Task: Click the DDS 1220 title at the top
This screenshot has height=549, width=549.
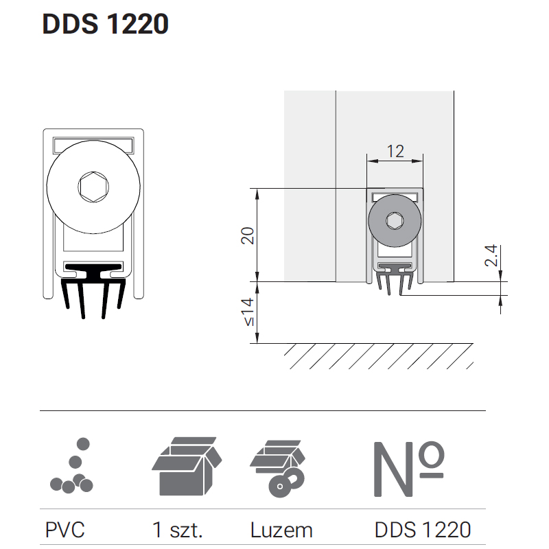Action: pyautogui.click(x=106, y=24)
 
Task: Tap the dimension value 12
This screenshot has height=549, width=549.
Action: pyautogui.click(x=395, y=151)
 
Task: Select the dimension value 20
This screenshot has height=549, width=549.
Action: pyautogui.click(x=248, y=235)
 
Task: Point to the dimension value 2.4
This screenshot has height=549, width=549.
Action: pyautogui.click(x=491, y=255)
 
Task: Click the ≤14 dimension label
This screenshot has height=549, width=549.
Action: pyautogui.click(x=248, y=312)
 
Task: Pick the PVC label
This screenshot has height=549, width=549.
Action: pyautogui.click(x=65, y=530)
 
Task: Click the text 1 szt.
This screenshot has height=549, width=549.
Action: pyautogui.click(x=178, y=530)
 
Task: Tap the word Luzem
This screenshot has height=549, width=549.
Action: pyautogui.click(x=281, y=530)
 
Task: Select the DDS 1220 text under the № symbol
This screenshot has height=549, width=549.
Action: pyautogui.click(x=423, y=530)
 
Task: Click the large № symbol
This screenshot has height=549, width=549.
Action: pyautogui.click(x=408, y=469)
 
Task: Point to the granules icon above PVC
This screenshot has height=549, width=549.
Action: pyautogui.click(x=72, y=465)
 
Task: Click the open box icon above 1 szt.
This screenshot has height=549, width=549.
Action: pyautogui.click(x=187, y=466)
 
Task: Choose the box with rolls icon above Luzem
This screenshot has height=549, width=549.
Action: pyautogui.click(x=278, y=469)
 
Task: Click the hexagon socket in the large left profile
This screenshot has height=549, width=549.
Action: pyautogui.click(x=93, y=187)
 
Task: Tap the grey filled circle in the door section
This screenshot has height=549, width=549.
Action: pyautogui.click(x=395, y=220)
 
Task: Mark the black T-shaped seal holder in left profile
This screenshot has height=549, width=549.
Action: pyautogui.click(x=93, y=271)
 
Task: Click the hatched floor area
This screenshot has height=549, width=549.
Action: pyautogui.click(x=379, y=356)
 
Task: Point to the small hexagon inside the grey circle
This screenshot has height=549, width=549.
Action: pyautogui.click(x=395, y=220)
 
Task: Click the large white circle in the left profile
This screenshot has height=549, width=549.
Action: pyautogui.click(x=93, y=187)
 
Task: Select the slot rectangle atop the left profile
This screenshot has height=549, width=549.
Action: pyautogui.click(x=93, y=145)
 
